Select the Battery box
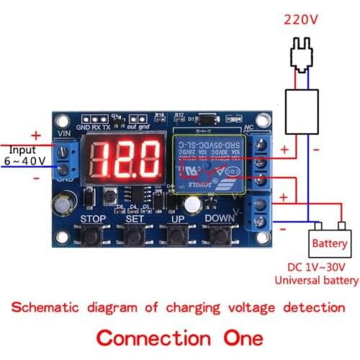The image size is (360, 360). [329, 243]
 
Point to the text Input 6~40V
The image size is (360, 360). [25, 153]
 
